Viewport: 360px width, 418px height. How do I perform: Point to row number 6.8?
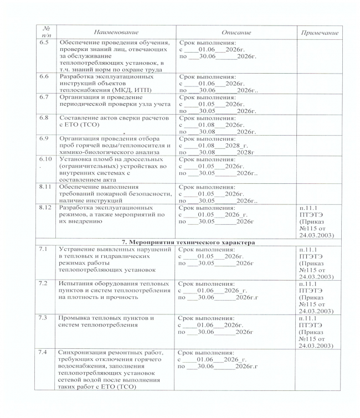pos(43,118)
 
